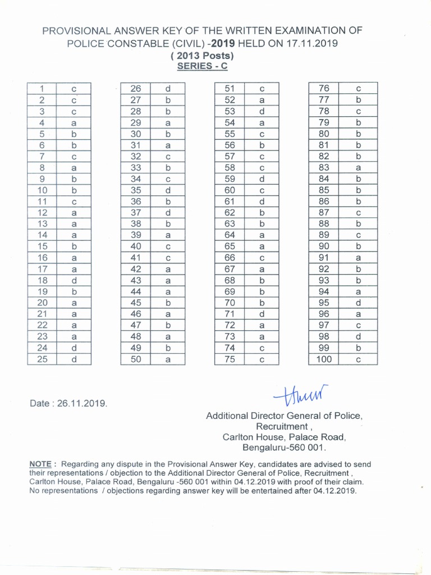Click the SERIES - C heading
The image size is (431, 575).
click(202, 66)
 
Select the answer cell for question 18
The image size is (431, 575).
click(74, 280)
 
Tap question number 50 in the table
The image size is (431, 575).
click(136, 359)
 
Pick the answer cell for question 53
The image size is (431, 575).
click(262, 111)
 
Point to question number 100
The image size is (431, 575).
click(324, 359)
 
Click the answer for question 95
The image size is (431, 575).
click(358, 303)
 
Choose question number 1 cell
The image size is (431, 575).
click(42, 89)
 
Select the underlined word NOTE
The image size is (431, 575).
click(40, 464)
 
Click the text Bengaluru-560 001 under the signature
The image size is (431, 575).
click(284, 448)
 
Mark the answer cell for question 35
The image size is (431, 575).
click(167, 190)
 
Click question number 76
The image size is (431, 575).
click(324, 89)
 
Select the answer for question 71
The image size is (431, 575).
click(262, 314)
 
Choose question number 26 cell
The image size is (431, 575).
click(136, 89)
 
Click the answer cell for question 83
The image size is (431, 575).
click(358, 168)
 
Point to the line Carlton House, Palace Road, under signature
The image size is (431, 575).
click(284, 437)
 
